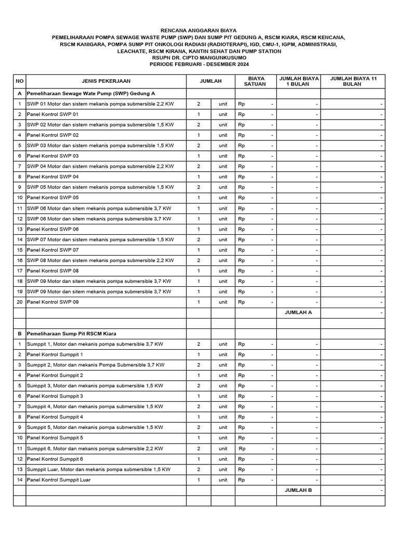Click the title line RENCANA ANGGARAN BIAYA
[199, 31]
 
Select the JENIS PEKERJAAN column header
[106, 81]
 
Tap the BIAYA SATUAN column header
[255, 81]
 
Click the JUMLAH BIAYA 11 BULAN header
[352, 81]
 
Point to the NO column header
[20, 81]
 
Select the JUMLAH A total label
[298, 312]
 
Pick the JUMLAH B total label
[298, 490]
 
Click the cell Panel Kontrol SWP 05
[53, 198]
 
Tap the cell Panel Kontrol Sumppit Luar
[59, 480]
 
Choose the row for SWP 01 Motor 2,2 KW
[100, 104]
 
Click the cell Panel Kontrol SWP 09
[53, 302]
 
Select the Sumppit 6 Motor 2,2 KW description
[95, 448]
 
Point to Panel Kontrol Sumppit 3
[55, 396]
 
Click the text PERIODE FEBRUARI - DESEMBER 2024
[199, 65]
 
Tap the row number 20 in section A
[20, 302]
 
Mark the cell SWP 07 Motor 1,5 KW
[100, 239]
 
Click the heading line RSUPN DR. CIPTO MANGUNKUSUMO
[199, 58]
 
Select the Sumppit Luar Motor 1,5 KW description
[99, 469]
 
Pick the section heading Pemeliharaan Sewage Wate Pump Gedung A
[91, 93]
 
